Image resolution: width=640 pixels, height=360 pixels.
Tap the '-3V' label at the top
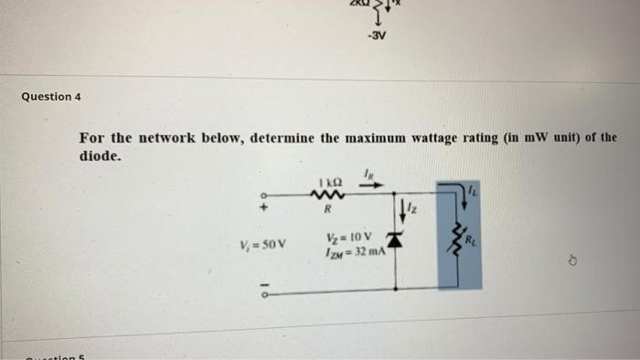[x=377, y=38]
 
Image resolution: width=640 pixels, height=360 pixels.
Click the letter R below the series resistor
[x=325, y=209]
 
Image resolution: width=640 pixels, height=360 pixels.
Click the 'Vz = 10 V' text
[x=347, y=238]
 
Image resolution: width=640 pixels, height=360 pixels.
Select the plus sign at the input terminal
[x=263, y=208]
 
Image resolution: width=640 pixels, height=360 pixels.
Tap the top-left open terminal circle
[x=264, y=195]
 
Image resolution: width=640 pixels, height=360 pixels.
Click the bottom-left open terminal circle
[x=264, y=294]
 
